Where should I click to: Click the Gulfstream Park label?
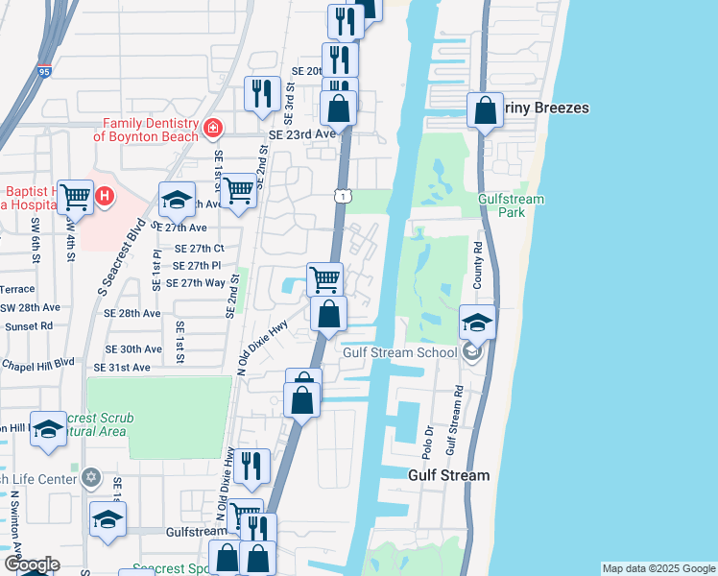[x=511, y=204]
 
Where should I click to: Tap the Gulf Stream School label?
[x=400, y=352]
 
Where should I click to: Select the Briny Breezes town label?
[x=543, y=108]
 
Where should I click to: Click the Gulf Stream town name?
[x=449, y=475]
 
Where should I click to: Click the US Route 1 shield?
[x=342, y=196]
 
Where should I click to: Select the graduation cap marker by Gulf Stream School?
[x=477, y=323]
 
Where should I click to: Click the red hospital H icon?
[x=105, y=197]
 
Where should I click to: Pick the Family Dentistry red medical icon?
[x=212, y=128]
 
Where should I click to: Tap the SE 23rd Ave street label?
[x=302, y=134]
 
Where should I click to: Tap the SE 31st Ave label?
[x=122, y=368]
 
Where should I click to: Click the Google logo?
[x=32, y=564]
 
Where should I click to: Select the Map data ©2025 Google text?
[x=658, y=568]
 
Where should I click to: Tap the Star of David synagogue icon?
[x=91, y=477]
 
